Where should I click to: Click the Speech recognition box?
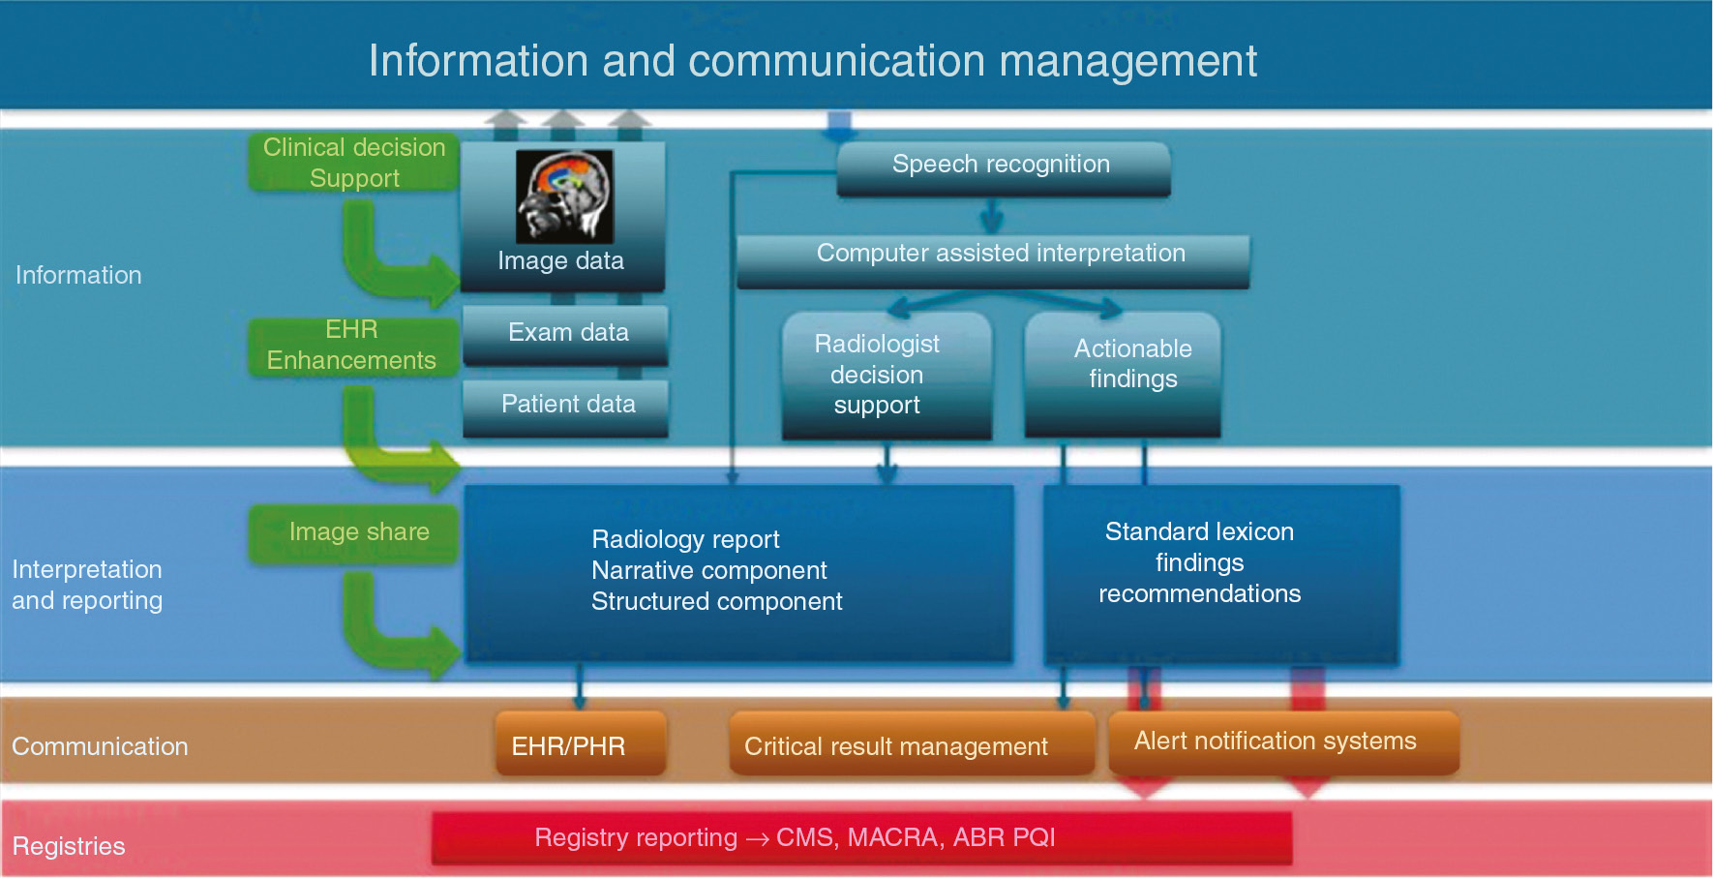[1003, 167]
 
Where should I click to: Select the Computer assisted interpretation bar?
[994, 256]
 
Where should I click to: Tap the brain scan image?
[564, 196]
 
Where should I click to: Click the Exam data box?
[567, 333]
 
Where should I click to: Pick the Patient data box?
[567, 405]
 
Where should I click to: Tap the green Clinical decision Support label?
[354, 164]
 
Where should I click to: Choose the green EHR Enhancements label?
[352, 346]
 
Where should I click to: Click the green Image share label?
[358, 532]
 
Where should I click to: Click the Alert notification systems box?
[1277, 742]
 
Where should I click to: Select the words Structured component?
[716, 602]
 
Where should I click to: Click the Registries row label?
[69, 846]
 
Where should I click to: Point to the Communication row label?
[100, 746]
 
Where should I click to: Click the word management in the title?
[1128, 62]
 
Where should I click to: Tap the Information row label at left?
[78, 276]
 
